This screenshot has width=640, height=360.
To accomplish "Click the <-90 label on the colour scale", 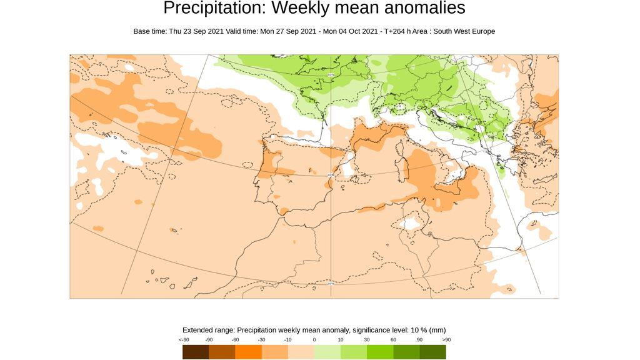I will [x=184, y=339].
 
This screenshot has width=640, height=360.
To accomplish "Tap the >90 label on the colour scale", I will [x=446, y=339].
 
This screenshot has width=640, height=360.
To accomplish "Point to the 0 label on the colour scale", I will [x=314, y=339].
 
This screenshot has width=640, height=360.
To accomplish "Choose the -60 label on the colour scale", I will [x=235, y=339].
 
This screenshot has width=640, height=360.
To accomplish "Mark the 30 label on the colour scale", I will [x=367, y=339].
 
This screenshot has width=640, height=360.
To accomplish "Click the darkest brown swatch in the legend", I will [x=196, y=352].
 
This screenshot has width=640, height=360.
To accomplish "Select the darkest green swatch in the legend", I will [x=432, y=352].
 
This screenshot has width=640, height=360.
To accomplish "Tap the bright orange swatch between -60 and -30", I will [x=248, y=352].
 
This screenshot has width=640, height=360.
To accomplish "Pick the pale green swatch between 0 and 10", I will [x=327, y=352].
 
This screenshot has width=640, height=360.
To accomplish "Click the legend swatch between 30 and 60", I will [x=380, y=352].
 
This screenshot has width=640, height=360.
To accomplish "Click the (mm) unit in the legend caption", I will [x=437, y=330].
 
